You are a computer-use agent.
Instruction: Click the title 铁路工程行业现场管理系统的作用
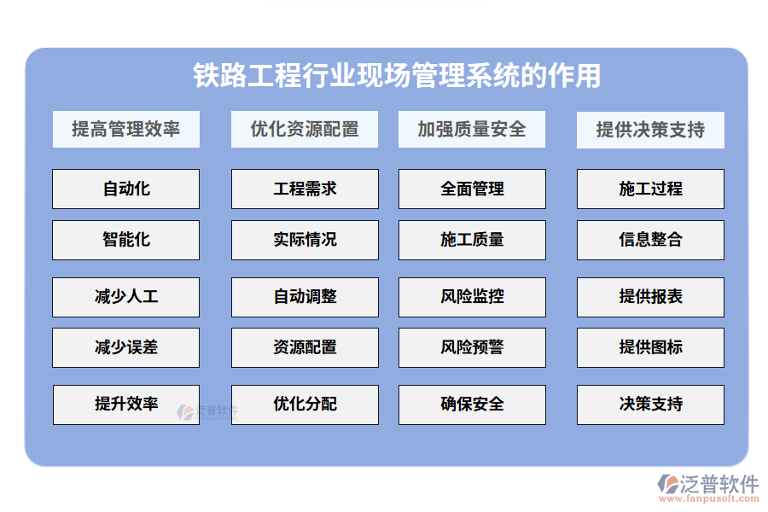(x=397, y=76)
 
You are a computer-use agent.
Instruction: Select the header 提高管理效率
(x=125, y=130)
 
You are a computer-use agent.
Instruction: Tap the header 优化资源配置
(x=305, y=130)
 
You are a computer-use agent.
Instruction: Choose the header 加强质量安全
(x=472, y=130)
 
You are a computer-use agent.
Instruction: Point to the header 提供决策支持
(x=650, y=130)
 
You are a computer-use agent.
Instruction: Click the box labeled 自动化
(x=125, y=189)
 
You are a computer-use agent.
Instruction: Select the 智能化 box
(x=125, y=240)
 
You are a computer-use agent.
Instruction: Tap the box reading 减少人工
(x=125, y=297)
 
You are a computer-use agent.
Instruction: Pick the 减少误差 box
(x=125, y=347)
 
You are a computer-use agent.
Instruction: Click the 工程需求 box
(x=305, y=189)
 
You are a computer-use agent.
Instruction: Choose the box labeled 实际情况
(x=305, y=240)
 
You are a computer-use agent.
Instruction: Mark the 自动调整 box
(x=305, y=297)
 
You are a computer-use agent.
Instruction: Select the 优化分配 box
(x=305, y=404)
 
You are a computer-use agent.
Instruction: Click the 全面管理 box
(x=472, y=189)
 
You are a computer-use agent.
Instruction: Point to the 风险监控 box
(x=472, y=297)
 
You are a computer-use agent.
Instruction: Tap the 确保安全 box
(x=472, y=404)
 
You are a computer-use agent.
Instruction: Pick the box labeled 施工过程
(x=650, y=189)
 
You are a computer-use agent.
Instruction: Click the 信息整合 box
(x=650, y=240)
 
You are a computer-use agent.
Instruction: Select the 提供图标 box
(x=650, y=347)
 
